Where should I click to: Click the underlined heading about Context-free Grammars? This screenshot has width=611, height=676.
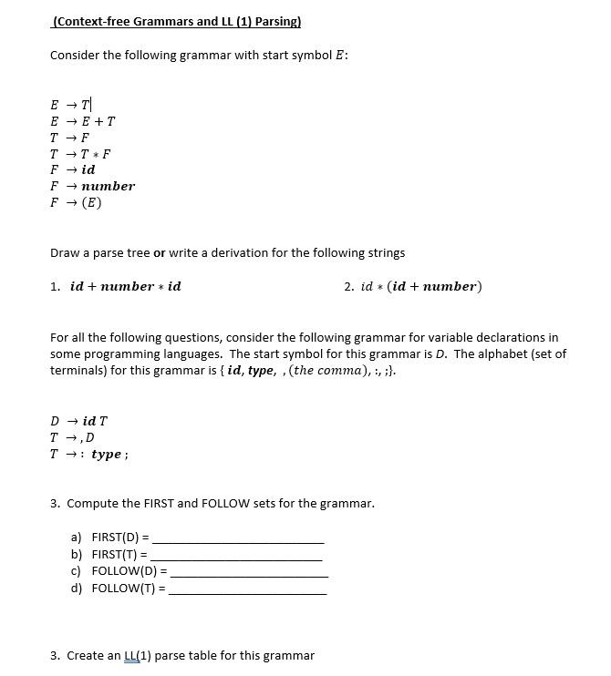(177, 21)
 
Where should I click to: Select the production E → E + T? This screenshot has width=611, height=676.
(83, 121)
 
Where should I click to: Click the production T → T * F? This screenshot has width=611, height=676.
(81, 154)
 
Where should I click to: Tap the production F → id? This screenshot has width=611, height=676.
(73, 169)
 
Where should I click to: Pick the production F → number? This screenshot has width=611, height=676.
(92, 186)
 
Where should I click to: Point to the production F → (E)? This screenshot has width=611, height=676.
(76, 202)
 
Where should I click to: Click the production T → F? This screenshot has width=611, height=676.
(70, 138)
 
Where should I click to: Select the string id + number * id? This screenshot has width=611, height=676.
(126, 286)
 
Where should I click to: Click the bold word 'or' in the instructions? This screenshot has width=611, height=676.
(160, 252)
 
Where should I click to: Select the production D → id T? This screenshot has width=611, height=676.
(79, 421)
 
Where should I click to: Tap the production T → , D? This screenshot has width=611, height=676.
(72, 437)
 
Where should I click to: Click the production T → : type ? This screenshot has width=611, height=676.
(89, 454)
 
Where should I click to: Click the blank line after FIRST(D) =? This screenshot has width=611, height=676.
(238, 539)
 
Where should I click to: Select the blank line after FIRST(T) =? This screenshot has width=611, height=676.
(237, 556)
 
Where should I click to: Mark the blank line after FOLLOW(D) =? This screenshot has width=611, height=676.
(249, 573)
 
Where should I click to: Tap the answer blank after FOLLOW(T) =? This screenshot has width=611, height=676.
(247, 589)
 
